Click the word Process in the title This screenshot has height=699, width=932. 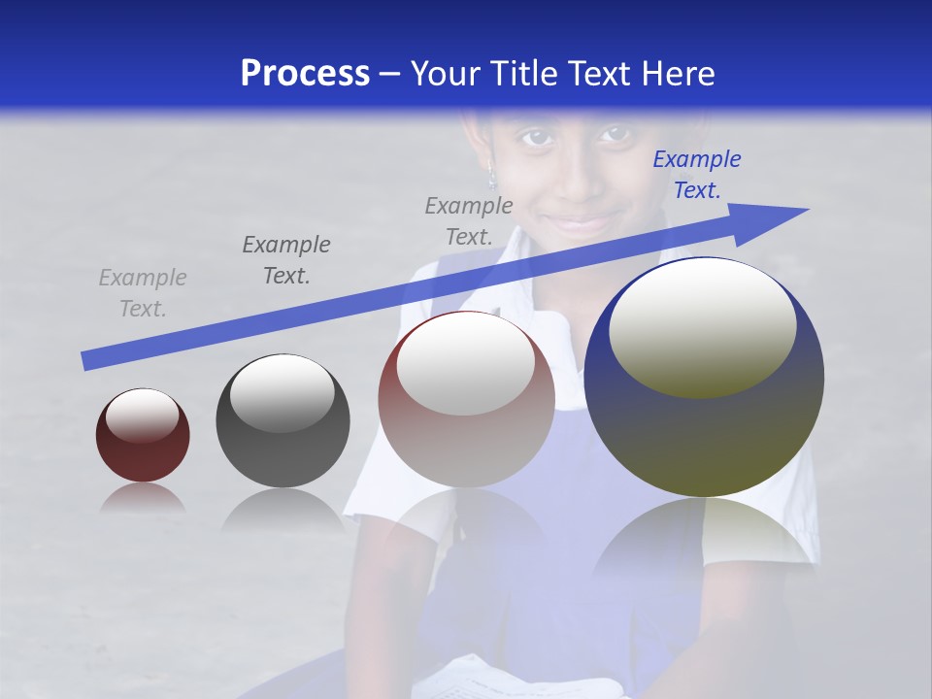(305, 74)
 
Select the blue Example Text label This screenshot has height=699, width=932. (696, 175)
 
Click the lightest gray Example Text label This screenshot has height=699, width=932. (143, 292)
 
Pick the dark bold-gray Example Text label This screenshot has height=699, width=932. (286, 259)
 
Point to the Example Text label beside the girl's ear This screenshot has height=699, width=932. (469, 220)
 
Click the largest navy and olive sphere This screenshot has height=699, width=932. (704, 427)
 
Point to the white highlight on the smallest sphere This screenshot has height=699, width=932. (143, 415)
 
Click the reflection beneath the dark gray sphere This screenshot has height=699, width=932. (283, 509)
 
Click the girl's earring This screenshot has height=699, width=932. (492, 180)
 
